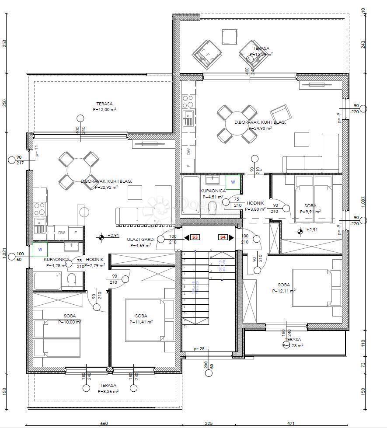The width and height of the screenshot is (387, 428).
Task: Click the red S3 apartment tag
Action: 195,237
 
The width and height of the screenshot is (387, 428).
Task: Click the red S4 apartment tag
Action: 223,237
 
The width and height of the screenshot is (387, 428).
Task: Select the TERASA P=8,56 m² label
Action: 108,388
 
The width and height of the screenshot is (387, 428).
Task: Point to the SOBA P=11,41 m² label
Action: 141,319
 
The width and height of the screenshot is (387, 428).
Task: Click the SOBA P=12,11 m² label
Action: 283,287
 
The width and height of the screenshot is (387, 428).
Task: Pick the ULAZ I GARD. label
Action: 139,242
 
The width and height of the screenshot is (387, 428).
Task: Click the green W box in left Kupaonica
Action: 40,250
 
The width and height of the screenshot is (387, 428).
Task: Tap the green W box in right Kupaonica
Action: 233,182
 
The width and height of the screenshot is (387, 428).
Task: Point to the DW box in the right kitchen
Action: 188,152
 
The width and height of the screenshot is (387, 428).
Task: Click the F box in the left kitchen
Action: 76,233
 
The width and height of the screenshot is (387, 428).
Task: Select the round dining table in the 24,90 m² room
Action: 237,124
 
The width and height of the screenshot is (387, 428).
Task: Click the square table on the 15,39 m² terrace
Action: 229,36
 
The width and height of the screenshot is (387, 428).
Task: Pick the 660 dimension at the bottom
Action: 104,423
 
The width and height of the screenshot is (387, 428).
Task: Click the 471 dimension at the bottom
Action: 291,423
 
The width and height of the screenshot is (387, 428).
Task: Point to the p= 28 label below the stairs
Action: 199,349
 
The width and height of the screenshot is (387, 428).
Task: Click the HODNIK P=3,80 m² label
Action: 256,206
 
